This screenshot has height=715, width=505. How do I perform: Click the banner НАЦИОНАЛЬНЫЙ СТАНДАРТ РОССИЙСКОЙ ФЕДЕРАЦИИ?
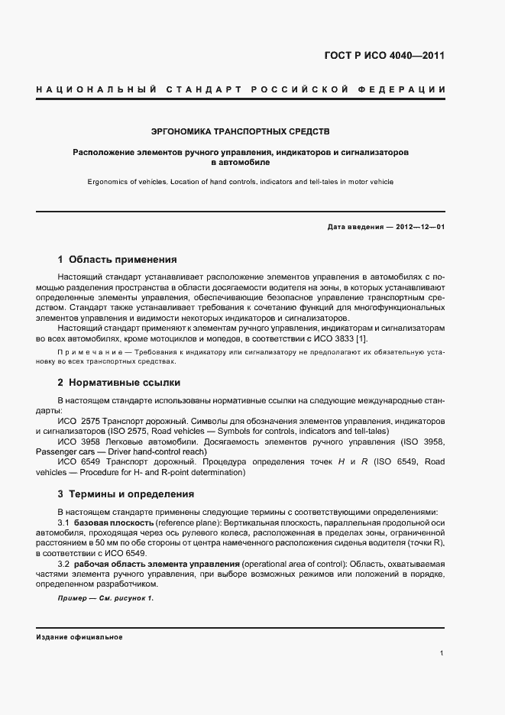click(x=241, y=90)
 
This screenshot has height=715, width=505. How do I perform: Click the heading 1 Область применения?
click(x=117, y=260)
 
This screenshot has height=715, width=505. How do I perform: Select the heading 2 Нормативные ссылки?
click(x=119, y=382)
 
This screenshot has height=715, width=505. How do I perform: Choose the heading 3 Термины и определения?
click(x=126, y=494)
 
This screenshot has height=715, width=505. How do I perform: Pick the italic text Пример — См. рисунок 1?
click(x=105, y=598)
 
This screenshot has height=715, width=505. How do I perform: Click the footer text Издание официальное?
click(x=79, y=636)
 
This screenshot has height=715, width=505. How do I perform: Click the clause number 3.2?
click(x=64, y=564)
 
